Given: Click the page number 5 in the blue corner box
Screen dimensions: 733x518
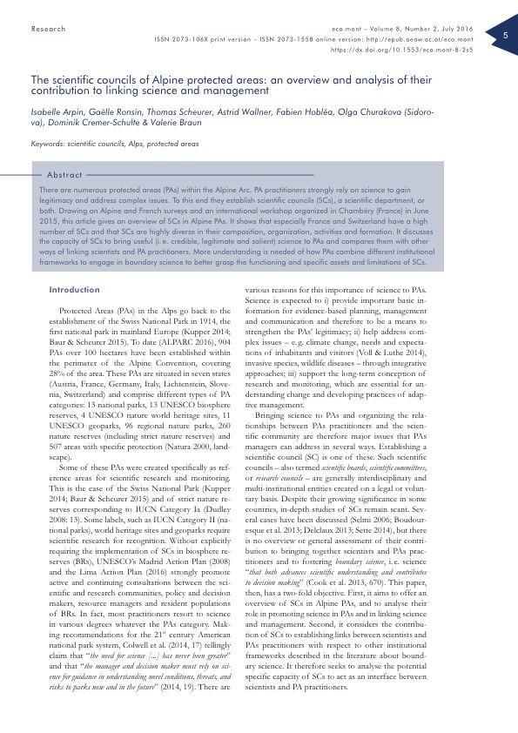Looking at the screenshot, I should pos(506,35).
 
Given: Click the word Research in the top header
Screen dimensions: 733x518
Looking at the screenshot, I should pos(48,29).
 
